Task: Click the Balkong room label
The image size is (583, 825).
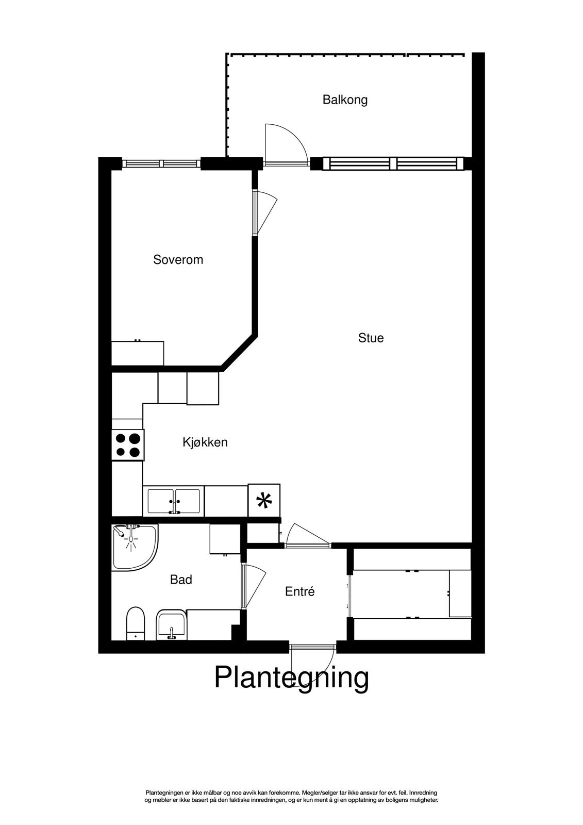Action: coord(345,100)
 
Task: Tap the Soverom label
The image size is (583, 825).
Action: coord(178,260)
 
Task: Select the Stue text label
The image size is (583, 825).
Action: coord(371,338)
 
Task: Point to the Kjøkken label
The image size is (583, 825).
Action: coord(205,442)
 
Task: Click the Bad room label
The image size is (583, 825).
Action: coord(181,580)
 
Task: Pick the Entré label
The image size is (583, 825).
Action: coord(299,592)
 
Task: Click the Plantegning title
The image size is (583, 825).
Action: coord(291,677)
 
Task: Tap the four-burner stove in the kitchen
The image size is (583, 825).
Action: coord(128,445)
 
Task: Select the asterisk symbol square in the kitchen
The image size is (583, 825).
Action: coord(264,500)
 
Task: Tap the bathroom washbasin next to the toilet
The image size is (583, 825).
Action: coord(171,624)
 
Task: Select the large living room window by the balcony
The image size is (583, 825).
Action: coord(393,164)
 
